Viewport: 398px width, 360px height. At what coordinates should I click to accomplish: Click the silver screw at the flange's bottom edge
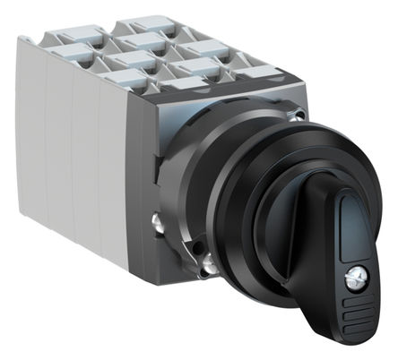207,261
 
